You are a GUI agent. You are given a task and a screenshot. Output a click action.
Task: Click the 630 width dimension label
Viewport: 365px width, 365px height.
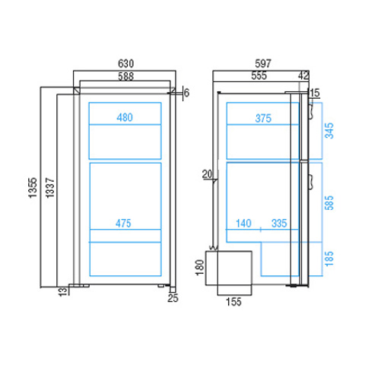(x=126, y=63)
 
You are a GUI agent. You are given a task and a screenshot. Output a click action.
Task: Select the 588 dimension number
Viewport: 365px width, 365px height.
(x=126, y=76)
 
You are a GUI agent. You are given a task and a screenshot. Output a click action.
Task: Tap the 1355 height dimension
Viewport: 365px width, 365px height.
(x=33, y=188)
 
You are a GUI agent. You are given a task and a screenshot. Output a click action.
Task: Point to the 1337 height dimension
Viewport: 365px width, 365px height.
(x=50, y=188)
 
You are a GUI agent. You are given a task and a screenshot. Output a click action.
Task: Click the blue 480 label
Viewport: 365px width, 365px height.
(x=125, y=118)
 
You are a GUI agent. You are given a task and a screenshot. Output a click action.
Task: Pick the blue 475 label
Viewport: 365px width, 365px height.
(x=123, y=224)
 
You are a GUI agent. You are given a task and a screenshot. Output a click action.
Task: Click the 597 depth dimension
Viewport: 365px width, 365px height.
(x=263, y=63)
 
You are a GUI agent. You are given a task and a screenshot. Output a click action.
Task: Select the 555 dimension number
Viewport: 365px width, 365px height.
(x=259, y=75)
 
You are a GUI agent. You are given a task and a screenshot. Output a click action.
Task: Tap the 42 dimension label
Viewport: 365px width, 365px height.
(x=303, y=75)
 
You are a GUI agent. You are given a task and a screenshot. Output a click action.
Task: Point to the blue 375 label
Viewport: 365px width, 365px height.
(x=263, y=119)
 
